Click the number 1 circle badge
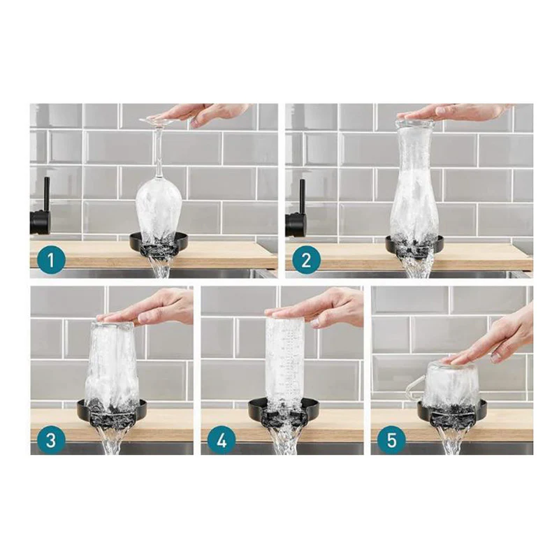click(x=51, y=259)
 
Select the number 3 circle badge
click(x=51, y=440)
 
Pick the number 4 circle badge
click(x=222, y=440)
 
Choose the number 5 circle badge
click(x=391, y=440)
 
